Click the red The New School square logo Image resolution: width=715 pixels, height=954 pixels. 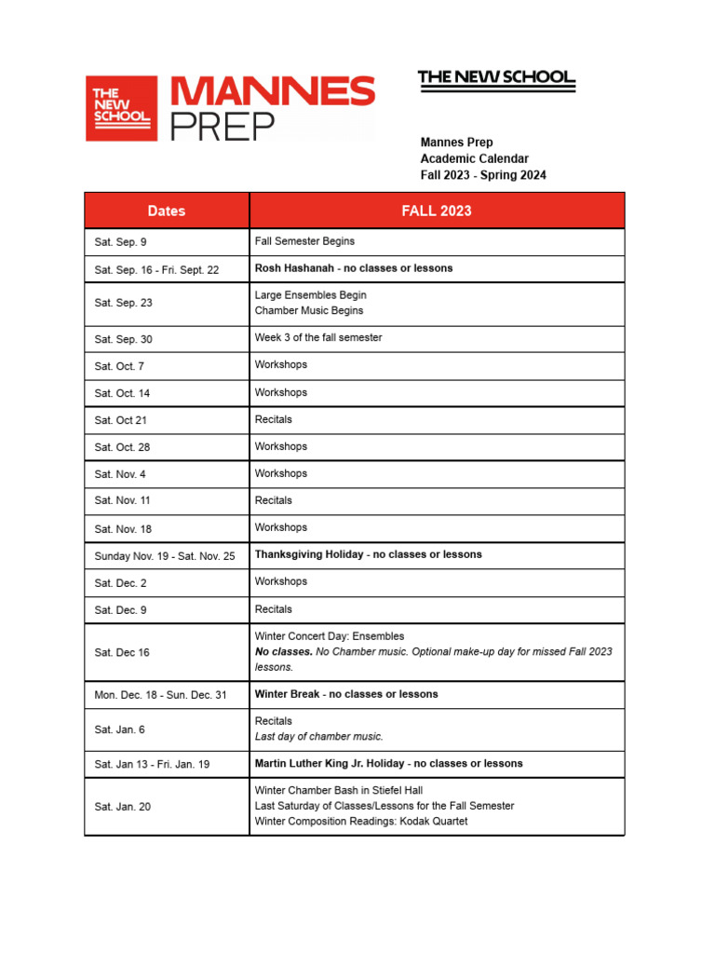(121, 108)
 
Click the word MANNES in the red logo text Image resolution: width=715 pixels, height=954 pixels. (273, 92)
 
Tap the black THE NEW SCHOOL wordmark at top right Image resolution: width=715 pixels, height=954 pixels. (496, 77)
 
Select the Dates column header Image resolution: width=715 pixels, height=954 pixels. (167, 211)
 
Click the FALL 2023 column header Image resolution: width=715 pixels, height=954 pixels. (436, 211)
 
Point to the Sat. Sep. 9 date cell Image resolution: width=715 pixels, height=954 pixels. (120, 242)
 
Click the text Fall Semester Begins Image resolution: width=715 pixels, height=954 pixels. (304, 241)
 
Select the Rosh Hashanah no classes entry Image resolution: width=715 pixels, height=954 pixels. (354, 268)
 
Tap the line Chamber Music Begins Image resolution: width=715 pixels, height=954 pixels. (309, 310)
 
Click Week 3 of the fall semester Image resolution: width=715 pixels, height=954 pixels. (318, 337)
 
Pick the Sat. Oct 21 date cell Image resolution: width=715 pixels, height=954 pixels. (121, 420)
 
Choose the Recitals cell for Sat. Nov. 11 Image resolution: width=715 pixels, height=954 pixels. (273, 500)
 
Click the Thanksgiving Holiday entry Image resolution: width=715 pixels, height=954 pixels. (368, 554)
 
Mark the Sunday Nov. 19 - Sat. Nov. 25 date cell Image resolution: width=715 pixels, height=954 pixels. (165, 556)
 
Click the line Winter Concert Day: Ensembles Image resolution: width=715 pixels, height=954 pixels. (330, 636)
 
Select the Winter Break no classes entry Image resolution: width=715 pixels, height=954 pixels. (346, 694)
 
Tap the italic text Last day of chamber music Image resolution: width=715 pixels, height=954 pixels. (318, 736)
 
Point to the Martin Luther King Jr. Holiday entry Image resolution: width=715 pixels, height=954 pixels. (388, 763)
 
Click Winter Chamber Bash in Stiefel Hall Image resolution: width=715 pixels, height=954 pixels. (338, 790)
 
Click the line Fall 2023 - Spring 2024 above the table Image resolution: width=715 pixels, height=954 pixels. (483, 175)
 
